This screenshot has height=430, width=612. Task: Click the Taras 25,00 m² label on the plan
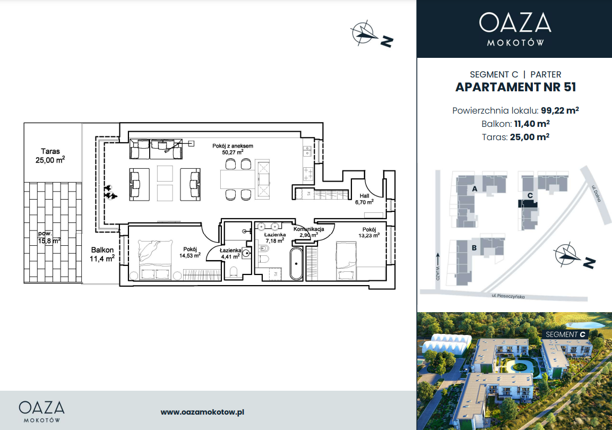click(x=50, y=156)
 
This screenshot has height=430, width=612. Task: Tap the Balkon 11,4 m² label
click(x=102, y=254)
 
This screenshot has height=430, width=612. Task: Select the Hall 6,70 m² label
click(x=364, y=199)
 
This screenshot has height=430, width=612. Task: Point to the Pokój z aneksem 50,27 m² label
click(x=232, y=149)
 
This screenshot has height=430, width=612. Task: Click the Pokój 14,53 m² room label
click(x=190, y=253)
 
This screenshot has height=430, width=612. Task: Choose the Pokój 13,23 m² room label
click(x=369, y=233)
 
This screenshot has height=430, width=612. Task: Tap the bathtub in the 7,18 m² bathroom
click(x=296, y=263)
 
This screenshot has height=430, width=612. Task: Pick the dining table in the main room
click(x=238, y=180)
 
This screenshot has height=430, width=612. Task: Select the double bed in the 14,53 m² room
click(x=156, y=260)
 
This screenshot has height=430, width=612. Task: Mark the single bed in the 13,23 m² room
click(x=347, y=260)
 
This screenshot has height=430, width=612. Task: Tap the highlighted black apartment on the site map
click(x=528, y=203)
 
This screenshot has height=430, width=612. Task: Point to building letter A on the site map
click(x=475, y=189)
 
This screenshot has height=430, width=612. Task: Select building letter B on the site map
click(x=474, y=248)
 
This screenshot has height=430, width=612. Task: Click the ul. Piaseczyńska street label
click(x=508, y=296)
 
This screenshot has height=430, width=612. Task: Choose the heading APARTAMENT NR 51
click(x=515, y=87)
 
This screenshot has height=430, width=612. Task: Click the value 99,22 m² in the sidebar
click(x=559, y=110)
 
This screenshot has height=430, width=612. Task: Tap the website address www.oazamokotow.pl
click(x=202, y=412)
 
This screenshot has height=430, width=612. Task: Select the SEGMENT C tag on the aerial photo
click(x=565, y=334)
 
